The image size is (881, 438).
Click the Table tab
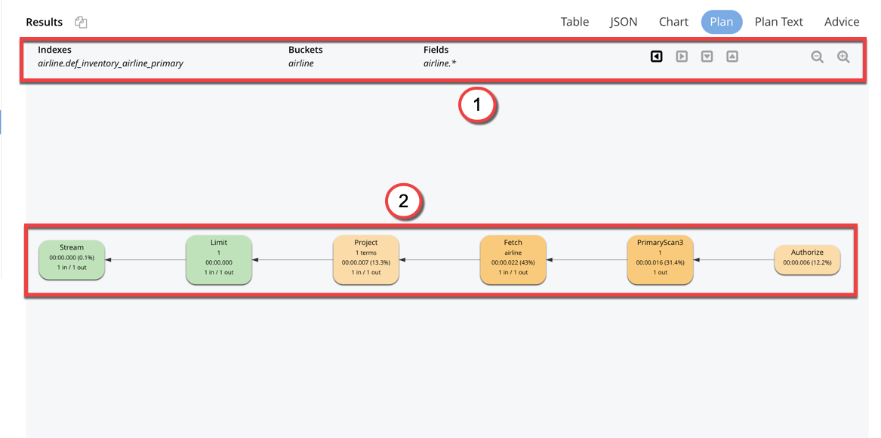point(574,22)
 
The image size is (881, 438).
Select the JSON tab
point(624,22)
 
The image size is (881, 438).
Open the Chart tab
point(673,22)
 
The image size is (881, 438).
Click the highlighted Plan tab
point(721,22)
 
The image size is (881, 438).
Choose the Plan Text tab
point(778,22)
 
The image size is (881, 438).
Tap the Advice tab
point(842,22)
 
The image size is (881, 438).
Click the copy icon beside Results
point(81,23)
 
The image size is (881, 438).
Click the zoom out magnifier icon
point(817,57)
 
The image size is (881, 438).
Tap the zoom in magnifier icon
point(843,57)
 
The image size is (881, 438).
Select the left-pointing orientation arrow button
point(657,56)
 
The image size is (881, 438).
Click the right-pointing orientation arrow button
point(682,56)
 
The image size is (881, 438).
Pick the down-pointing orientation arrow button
point(707,56)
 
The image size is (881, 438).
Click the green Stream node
point(72,259)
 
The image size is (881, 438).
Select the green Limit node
point(219,259)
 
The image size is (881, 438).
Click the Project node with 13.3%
point(366,259)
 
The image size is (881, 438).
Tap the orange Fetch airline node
point(513,259)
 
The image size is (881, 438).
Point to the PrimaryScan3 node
point(660,259)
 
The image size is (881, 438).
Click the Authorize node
point(807,259)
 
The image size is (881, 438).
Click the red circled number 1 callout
point(477,106)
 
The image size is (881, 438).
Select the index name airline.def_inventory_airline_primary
point(110,63)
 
